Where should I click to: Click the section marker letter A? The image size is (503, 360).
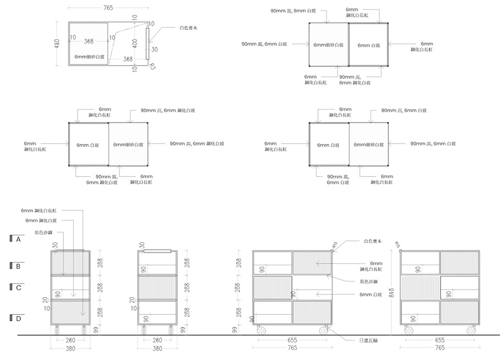tap(18, 239)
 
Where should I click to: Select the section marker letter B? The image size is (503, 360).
tap(18, 266)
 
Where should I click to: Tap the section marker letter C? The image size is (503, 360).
tap(18, 287)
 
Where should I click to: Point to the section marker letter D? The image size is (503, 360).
tap(18, 318)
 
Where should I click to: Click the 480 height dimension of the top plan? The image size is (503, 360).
tap(57, 44)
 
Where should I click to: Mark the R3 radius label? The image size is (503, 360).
tap(152, 66)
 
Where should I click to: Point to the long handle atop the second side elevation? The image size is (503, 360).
tap(157, 252)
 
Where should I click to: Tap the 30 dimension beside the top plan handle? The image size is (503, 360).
tap(155, 49)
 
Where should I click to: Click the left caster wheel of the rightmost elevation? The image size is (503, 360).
tap(408, 330)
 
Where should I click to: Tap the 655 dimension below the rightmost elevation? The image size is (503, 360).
tap(440, 341)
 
